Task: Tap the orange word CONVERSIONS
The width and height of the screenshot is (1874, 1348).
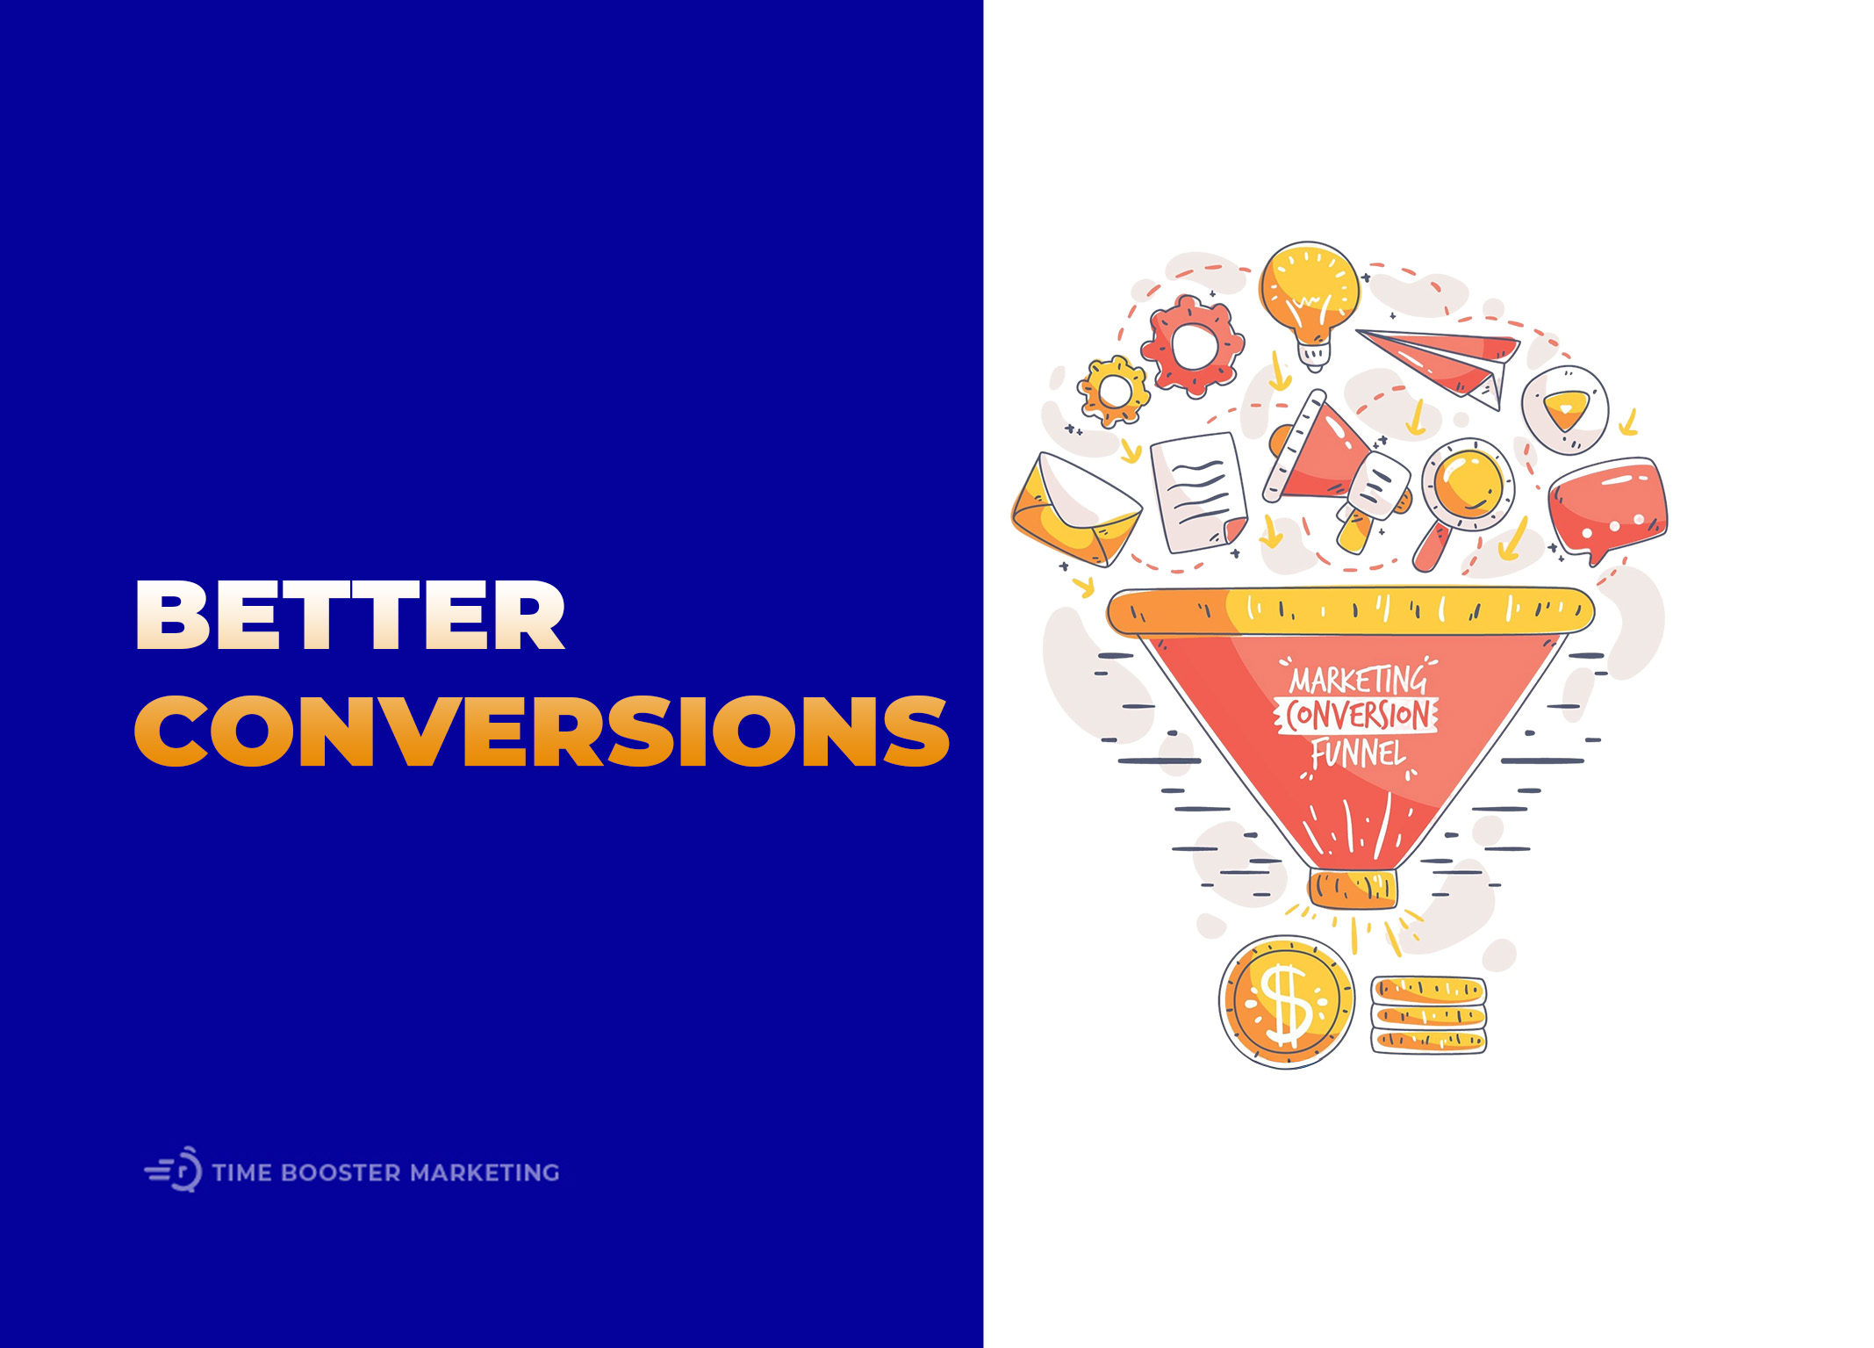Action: point(541,731)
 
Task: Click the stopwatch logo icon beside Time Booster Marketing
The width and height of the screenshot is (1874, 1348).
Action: point(175,1170)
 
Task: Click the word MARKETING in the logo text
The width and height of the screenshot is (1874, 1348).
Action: point(485,1173)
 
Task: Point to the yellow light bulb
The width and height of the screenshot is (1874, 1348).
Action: point(1309,294)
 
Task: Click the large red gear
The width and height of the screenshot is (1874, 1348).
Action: point(1192,345)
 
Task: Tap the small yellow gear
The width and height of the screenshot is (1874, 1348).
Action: point(1114,391)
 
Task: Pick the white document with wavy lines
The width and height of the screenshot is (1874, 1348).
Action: point(1198,493)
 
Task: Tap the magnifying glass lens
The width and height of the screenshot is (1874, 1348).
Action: point(1468,484)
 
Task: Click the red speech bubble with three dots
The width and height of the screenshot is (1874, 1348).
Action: point(1607,507)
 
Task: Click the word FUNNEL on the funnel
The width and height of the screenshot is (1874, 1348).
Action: point(1358,754)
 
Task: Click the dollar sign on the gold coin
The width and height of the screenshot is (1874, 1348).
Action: point(1287,1002)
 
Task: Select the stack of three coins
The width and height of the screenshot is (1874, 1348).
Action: point(1428,1015)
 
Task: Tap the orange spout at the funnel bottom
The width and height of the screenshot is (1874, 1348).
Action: point(1352,889)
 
